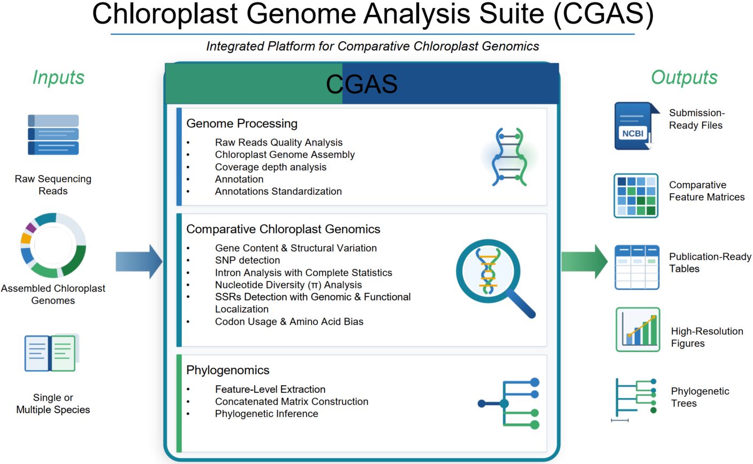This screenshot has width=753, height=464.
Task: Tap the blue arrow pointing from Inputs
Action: coord(139,262)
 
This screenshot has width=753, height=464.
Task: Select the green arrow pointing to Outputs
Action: coord(584,262)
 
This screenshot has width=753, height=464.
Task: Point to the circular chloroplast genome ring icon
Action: coord(53,246)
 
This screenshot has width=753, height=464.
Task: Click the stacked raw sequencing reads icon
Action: coord(53,135)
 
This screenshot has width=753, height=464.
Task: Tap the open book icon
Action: coord(51,353)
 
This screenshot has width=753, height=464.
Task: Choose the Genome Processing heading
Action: coord(241,124)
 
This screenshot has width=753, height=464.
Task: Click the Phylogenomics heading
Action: coord(227,370)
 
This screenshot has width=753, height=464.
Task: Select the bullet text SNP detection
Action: coord(247,261)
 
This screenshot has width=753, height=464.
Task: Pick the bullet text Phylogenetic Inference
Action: coord(267,414)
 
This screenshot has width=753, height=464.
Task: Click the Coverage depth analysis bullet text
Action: coord(270,167)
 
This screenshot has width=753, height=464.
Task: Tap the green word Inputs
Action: coord(58,77)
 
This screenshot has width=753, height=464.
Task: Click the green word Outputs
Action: coord(684,77)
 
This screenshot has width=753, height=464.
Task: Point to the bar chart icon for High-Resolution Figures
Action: coord(637,329)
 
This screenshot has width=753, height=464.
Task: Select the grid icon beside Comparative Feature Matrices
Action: coord(636,196)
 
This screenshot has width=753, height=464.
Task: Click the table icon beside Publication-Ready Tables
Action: coord(636,267)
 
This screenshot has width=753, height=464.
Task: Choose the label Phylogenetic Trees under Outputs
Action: coord(699,397)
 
